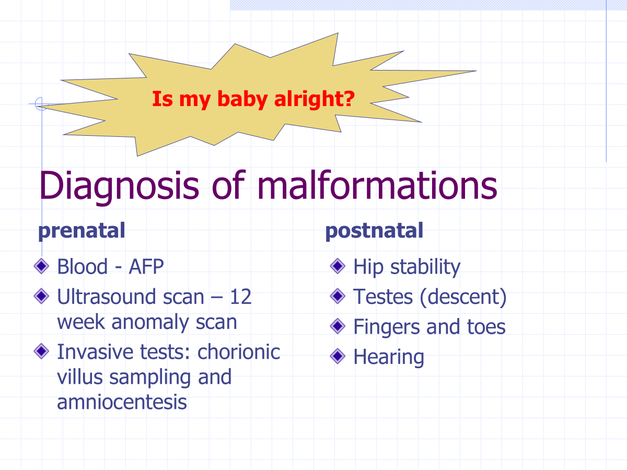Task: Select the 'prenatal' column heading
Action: click(82, 232)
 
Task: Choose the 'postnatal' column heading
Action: click(374, 232)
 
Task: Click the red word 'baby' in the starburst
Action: click(242, 100)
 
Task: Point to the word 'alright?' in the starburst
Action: click(314, 100)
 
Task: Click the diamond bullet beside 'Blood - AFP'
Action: click(41, 266)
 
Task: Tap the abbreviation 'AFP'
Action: click(146, 266)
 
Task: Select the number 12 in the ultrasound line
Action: click(240, 297)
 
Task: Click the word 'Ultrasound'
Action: click(107, 297)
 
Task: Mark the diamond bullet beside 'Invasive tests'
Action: click(41, 351)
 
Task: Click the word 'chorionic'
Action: click(238, 352)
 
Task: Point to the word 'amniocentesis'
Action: click(122, 402)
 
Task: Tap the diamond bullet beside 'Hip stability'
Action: click(338, 266)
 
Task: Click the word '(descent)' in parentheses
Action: click(463, 297)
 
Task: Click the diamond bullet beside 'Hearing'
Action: click(338, 356)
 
